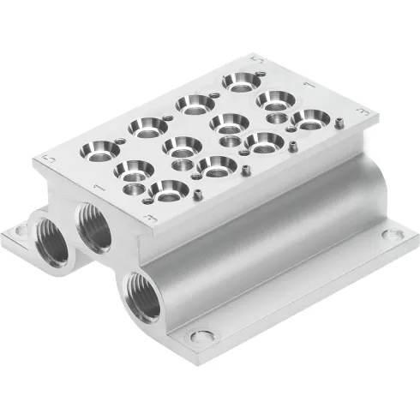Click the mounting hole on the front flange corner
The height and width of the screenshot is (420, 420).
(202, 336)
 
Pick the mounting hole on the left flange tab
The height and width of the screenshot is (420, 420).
(15, 233)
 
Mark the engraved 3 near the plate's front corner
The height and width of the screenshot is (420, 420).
(153, 220)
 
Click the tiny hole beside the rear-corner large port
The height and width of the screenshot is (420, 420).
(212, 93)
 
